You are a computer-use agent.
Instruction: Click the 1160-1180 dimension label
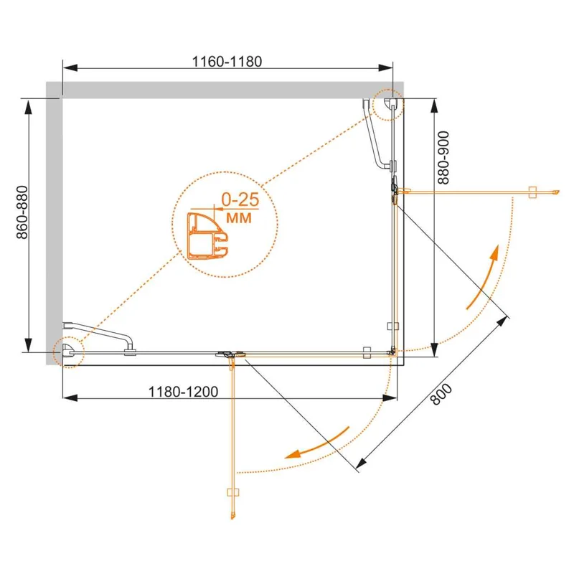227,62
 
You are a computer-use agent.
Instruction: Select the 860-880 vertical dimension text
23,212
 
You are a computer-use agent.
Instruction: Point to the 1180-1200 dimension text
183,392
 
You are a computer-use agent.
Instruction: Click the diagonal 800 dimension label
442,394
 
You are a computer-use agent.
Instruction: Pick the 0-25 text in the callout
240,199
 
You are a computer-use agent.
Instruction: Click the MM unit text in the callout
239,218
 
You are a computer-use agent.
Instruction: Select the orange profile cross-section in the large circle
207,236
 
